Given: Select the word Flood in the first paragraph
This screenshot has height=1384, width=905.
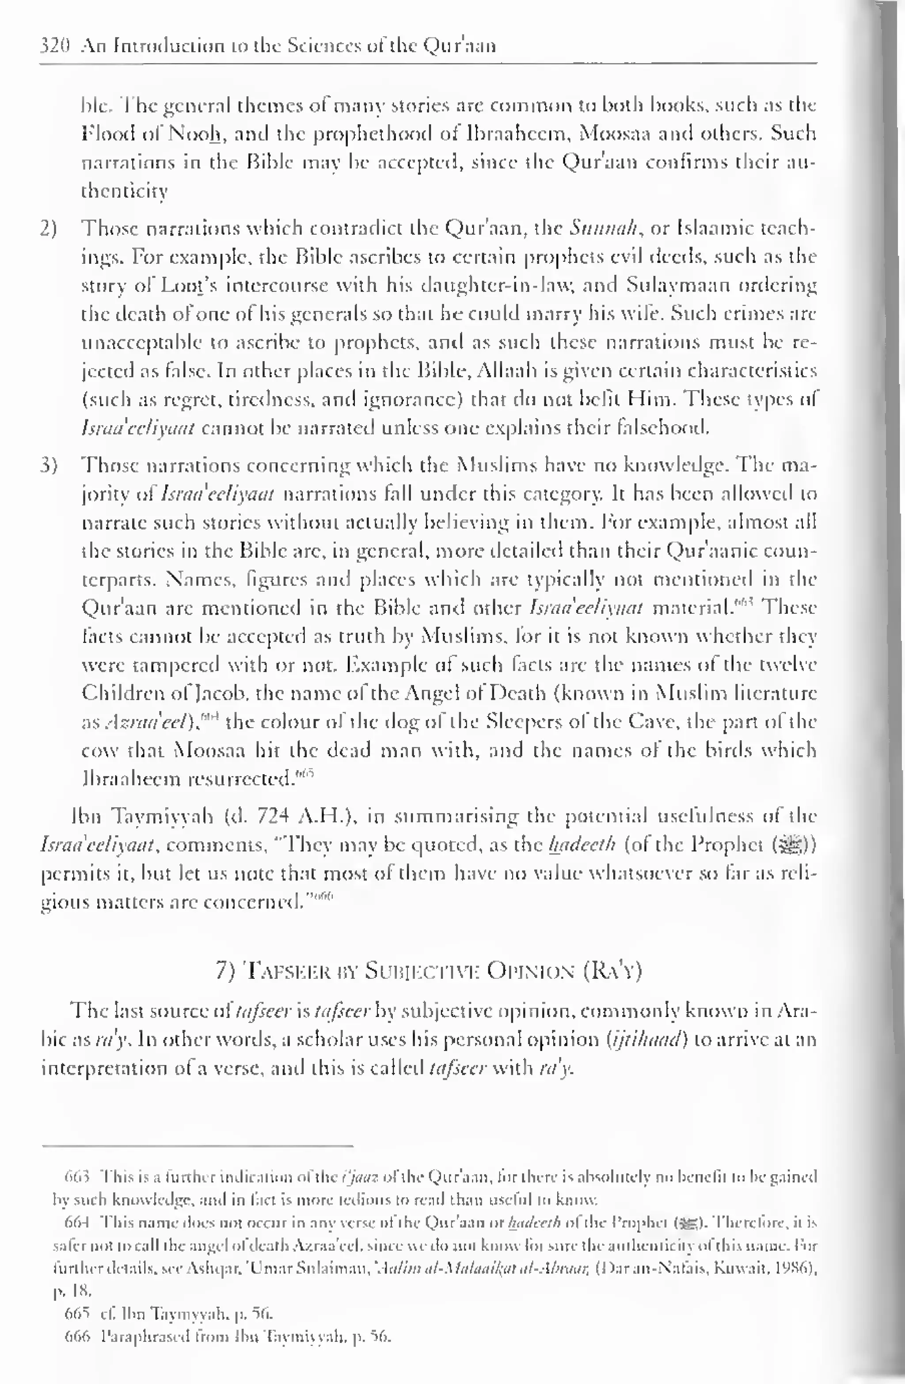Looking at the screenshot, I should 102,134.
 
